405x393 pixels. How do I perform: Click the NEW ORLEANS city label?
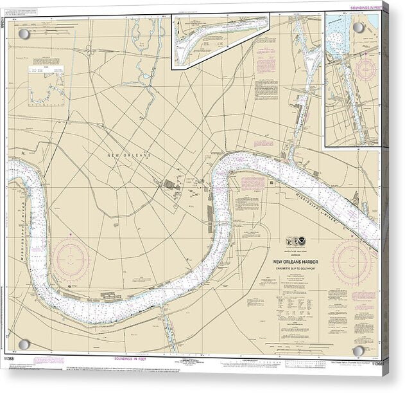point(129,156)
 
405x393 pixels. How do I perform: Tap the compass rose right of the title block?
point(354,260)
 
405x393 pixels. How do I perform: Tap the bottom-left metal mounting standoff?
point(24,348)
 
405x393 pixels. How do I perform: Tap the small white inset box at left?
point(48,83)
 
